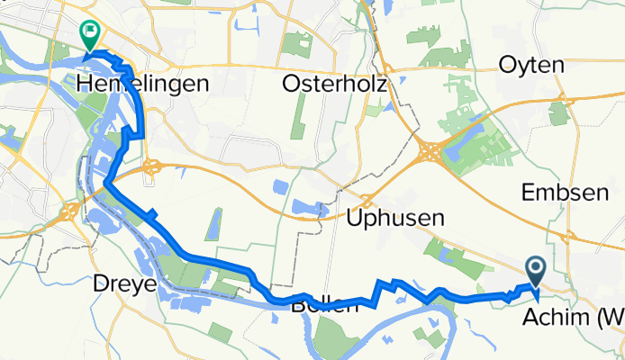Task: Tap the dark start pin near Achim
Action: pyautogui.click(x=536, y=267)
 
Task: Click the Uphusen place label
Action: pyautogui.click(x=396, y=217)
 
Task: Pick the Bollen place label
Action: pyautogui.click(x=324, y=306)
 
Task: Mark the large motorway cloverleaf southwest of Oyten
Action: pyautogui.click(x=430, y=151)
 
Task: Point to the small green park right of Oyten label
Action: pyautogui.click(x=561, y=113)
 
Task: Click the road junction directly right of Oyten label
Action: pyautogui.click(x=563, y=97)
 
